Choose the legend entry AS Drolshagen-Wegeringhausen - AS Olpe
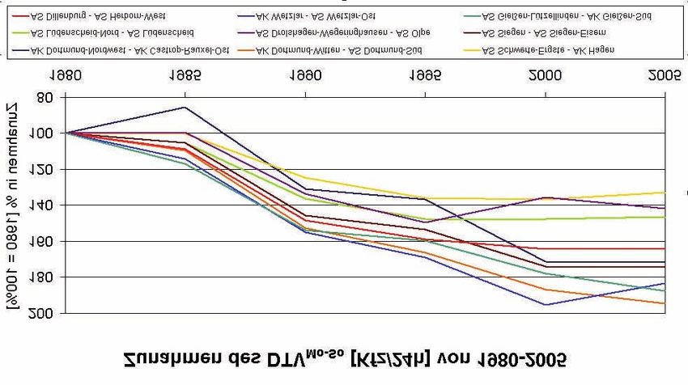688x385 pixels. pos(340,32)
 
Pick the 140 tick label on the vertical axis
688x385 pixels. pos(40,205)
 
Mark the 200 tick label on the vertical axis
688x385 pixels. pos(40,313)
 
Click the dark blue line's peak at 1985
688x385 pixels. pos(185,107)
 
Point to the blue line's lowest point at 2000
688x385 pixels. pos(545,305)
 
